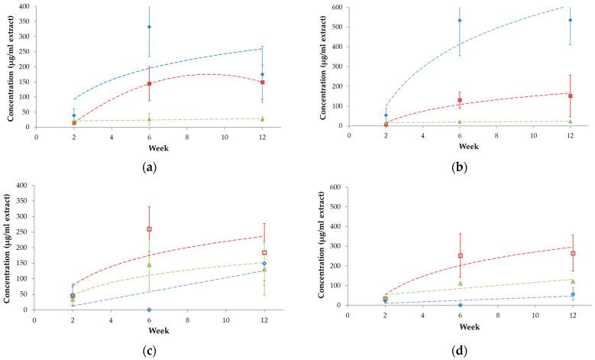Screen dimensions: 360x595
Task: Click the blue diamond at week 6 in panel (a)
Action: tap(149, 27)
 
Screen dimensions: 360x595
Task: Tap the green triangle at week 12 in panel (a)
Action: tap(262, 119)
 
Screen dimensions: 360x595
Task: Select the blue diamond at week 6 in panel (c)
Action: tap(149, 310)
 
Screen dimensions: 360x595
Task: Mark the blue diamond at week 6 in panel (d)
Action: tap(460, 304)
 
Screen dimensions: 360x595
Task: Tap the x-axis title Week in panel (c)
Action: tap(149, 328)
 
